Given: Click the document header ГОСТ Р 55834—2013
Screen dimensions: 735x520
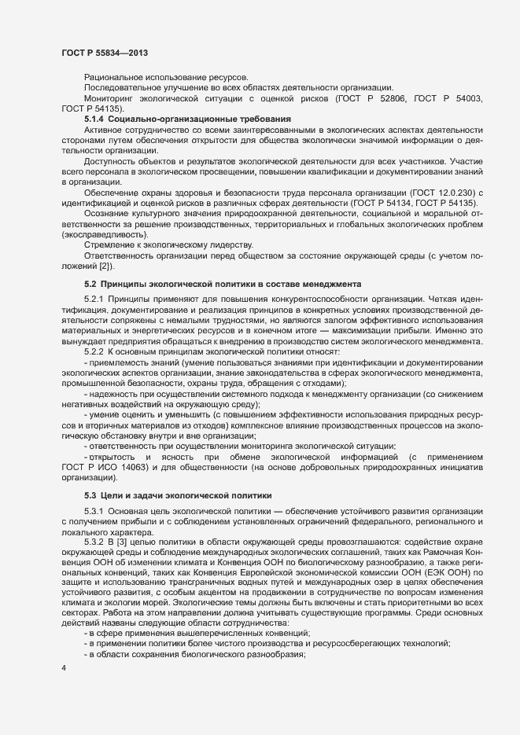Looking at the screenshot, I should tap(104, 52).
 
